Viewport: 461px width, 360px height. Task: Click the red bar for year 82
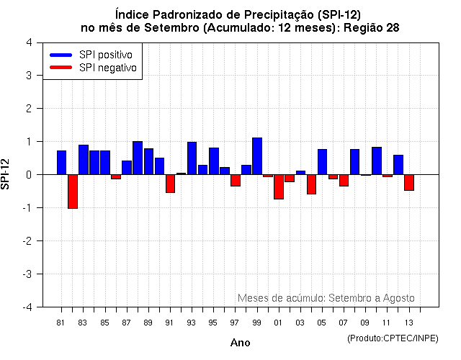coord(73,192)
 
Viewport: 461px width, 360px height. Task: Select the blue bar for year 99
coord(257,156)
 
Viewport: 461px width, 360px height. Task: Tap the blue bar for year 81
coord(62,163)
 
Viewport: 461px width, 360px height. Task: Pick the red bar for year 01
coord(279,186)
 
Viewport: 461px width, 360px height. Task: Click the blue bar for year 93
coord(192,158)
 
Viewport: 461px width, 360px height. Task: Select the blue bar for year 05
coord(322,162)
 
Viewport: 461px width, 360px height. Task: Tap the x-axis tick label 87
coord(126,323)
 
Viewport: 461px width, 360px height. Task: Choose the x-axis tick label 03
coord(300,323)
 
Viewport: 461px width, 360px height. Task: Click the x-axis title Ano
coord(240,343)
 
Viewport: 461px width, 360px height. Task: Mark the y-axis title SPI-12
coord(6,174)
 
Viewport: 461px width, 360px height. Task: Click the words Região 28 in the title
coord(372,27)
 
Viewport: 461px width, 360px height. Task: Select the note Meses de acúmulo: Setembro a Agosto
coord(326,298)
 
